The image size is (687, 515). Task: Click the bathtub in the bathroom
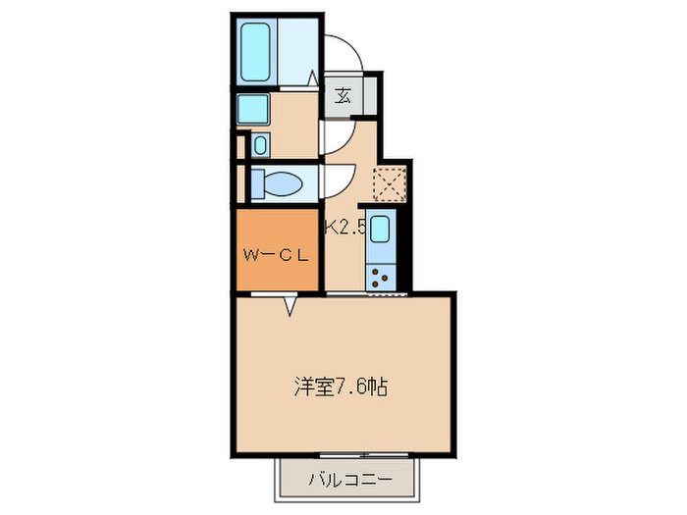pos(257,50)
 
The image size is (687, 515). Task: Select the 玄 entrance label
pos(343,95)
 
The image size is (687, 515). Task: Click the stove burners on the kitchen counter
pos(381,276)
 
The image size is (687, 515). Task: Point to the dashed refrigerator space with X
pos(390,183)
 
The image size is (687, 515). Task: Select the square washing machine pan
pos(252,108)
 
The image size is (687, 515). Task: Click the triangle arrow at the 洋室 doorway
pos(291,307)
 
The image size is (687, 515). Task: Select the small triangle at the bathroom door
pos(313,77)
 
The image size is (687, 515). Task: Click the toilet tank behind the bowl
pos(257,183)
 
